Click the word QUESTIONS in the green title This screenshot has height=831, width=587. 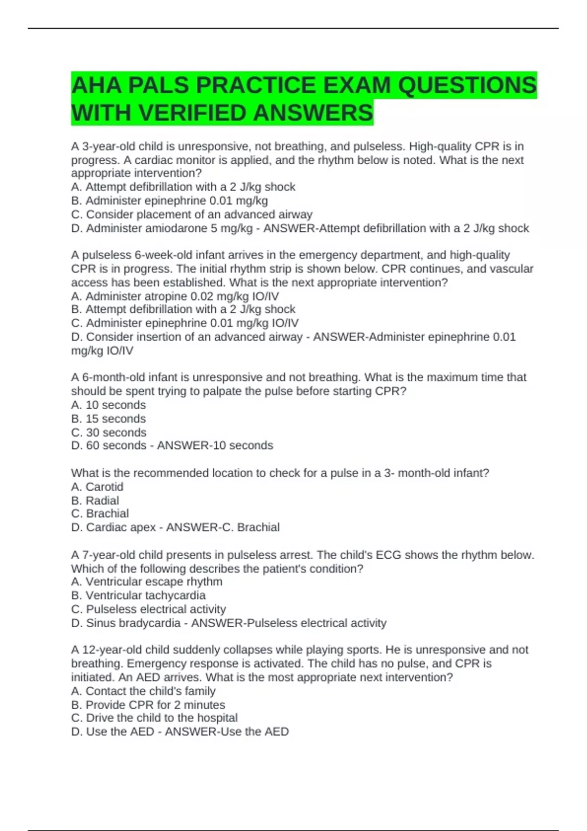pos(467,86)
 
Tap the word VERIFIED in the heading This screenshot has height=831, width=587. pos(194,113)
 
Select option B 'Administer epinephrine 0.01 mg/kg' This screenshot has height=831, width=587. pos(169,200)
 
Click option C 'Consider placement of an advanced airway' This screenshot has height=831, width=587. pos(191,214)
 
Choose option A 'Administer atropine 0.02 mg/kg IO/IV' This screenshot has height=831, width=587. pos(175,296)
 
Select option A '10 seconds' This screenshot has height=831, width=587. pos(108,405)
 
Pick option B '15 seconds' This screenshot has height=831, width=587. pos(108,418)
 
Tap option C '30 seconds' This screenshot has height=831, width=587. pos(109,432)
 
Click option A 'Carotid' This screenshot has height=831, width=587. pos(97,486)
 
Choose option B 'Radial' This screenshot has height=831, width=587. pos(95,500)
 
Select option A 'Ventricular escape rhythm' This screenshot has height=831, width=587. pos(146,581)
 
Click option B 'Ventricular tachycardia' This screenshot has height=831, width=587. pos(138,595)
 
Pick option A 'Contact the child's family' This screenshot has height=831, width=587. pos(143,691)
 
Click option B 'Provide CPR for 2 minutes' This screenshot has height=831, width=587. pos(148,704)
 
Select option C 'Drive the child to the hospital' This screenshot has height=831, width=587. pos(154,718)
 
